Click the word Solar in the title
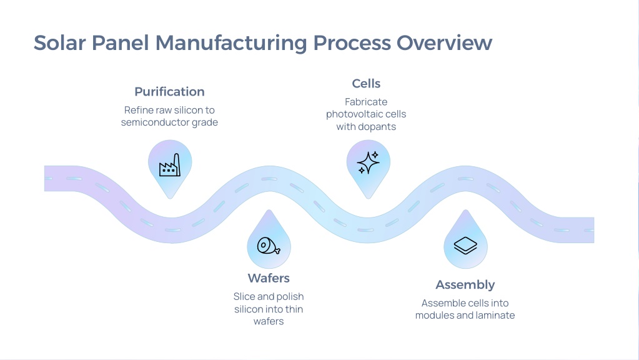click(60, 42)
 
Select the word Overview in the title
click(444, 42)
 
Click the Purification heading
click(169, 91)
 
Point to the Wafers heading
click(269, 278)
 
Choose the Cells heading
click(366, 84)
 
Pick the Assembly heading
click(465, 284)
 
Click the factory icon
click(170, 165)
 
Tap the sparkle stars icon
click(368, 162)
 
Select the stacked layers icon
click(465, 246)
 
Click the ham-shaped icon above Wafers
click(269, 246)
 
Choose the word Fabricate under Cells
click(366, 101)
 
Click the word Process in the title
click(352, 42)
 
